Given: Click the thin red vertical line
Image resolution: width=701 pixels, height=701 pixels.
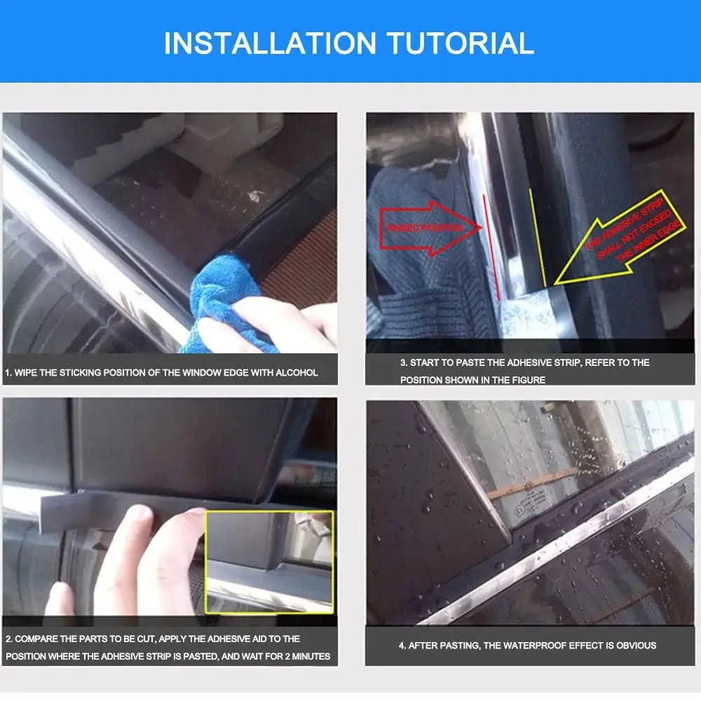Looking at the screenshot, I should pos(491,245).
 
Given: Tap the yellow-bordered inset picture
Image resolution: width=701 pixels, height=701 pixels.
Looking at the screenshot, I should pos(269,561).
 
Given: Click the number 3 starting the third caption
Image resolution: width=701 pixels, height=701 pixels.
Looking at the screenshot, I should pos(402,362).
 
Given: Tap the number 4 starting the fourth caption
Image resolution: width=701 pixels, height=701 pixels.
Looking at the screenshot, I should pos(402,646).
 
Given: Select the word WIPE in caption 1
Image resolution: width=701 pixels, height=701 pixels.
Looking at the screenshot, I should pos(26,372).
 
